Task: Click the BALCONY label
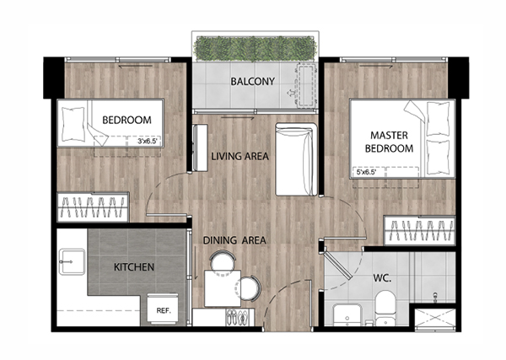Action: pos(253,81)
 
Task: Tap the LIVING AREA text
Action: pos(240,157)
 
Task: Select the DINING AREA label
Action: pos(234,240)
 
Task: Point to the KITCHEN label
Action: pos(134,267)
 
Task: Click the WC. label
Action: pos(382,277)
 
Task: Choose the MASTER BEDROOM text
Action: pos(389,142)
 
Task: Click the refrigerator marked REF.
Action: pos(163,309)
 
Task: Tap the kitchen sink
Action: pos(72,262)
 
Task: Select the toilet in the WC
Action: pos(385,308)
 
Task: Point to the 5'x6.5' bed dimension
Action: pos(366,173)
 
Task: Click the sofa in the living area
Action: pos(296,159)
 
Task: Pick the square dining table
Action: pos(223,288)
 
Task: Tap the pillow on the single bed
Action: pos(73,124)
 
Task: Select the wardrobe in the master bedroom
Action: pos(419,231)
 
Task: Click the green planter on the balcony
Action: pos(255,49)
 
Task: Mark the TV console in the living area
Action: pos(200,148)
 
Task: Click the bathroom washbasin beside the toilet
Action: pos(347,315)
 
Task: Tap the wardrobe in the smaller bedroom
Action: pos(93,207)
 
